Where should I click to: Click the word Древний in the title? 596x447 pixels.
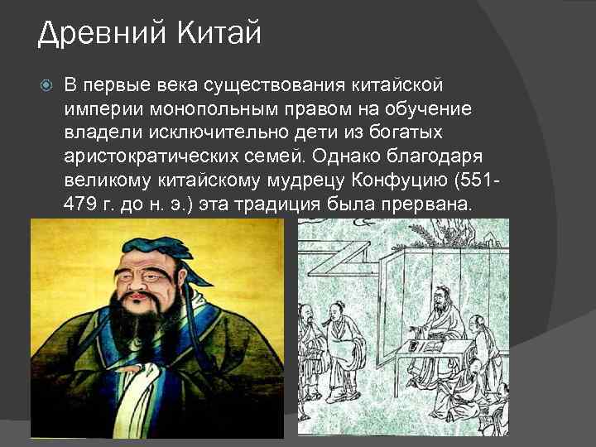tap(92, 34)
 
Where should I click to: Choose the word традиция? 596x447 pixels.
tap(277, 204)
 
